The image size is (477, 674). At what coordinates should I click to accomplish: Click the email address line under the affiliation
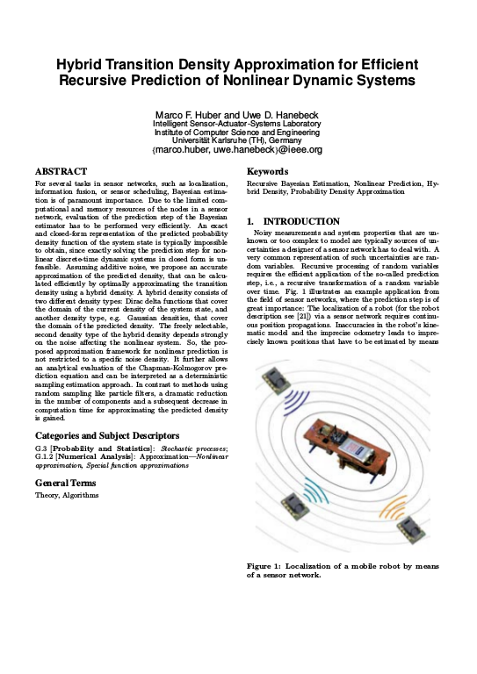[x=237, y=150]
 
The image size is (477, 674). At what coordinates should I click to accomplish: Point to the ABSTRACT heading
[x=61, y=170]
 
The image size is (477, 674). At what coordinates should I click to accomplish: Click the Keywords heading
[x=268, y=170]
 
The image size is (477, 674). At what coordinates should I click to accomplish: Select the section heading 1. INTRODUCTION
[x=293, y=221]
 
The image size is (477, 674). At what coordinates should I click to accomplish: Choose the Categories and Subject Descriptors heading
[x=107, y=435]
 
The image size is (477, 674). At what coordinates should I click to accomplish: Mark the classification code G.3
[x=41, y=448]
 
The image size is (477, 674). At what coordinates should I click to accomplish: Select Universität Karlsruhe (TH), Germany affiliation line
[x=237, y=140]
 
